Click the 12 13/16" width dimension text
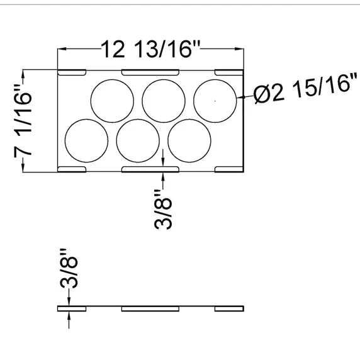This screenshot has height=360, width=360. pos(151,49)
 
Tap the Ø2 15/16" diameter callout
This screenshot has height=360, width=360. pos(306,88)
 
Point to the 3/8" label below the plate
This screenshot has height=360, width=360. pos(163,209)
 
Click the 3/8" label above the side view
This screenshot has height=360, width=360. pos(69,268)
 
